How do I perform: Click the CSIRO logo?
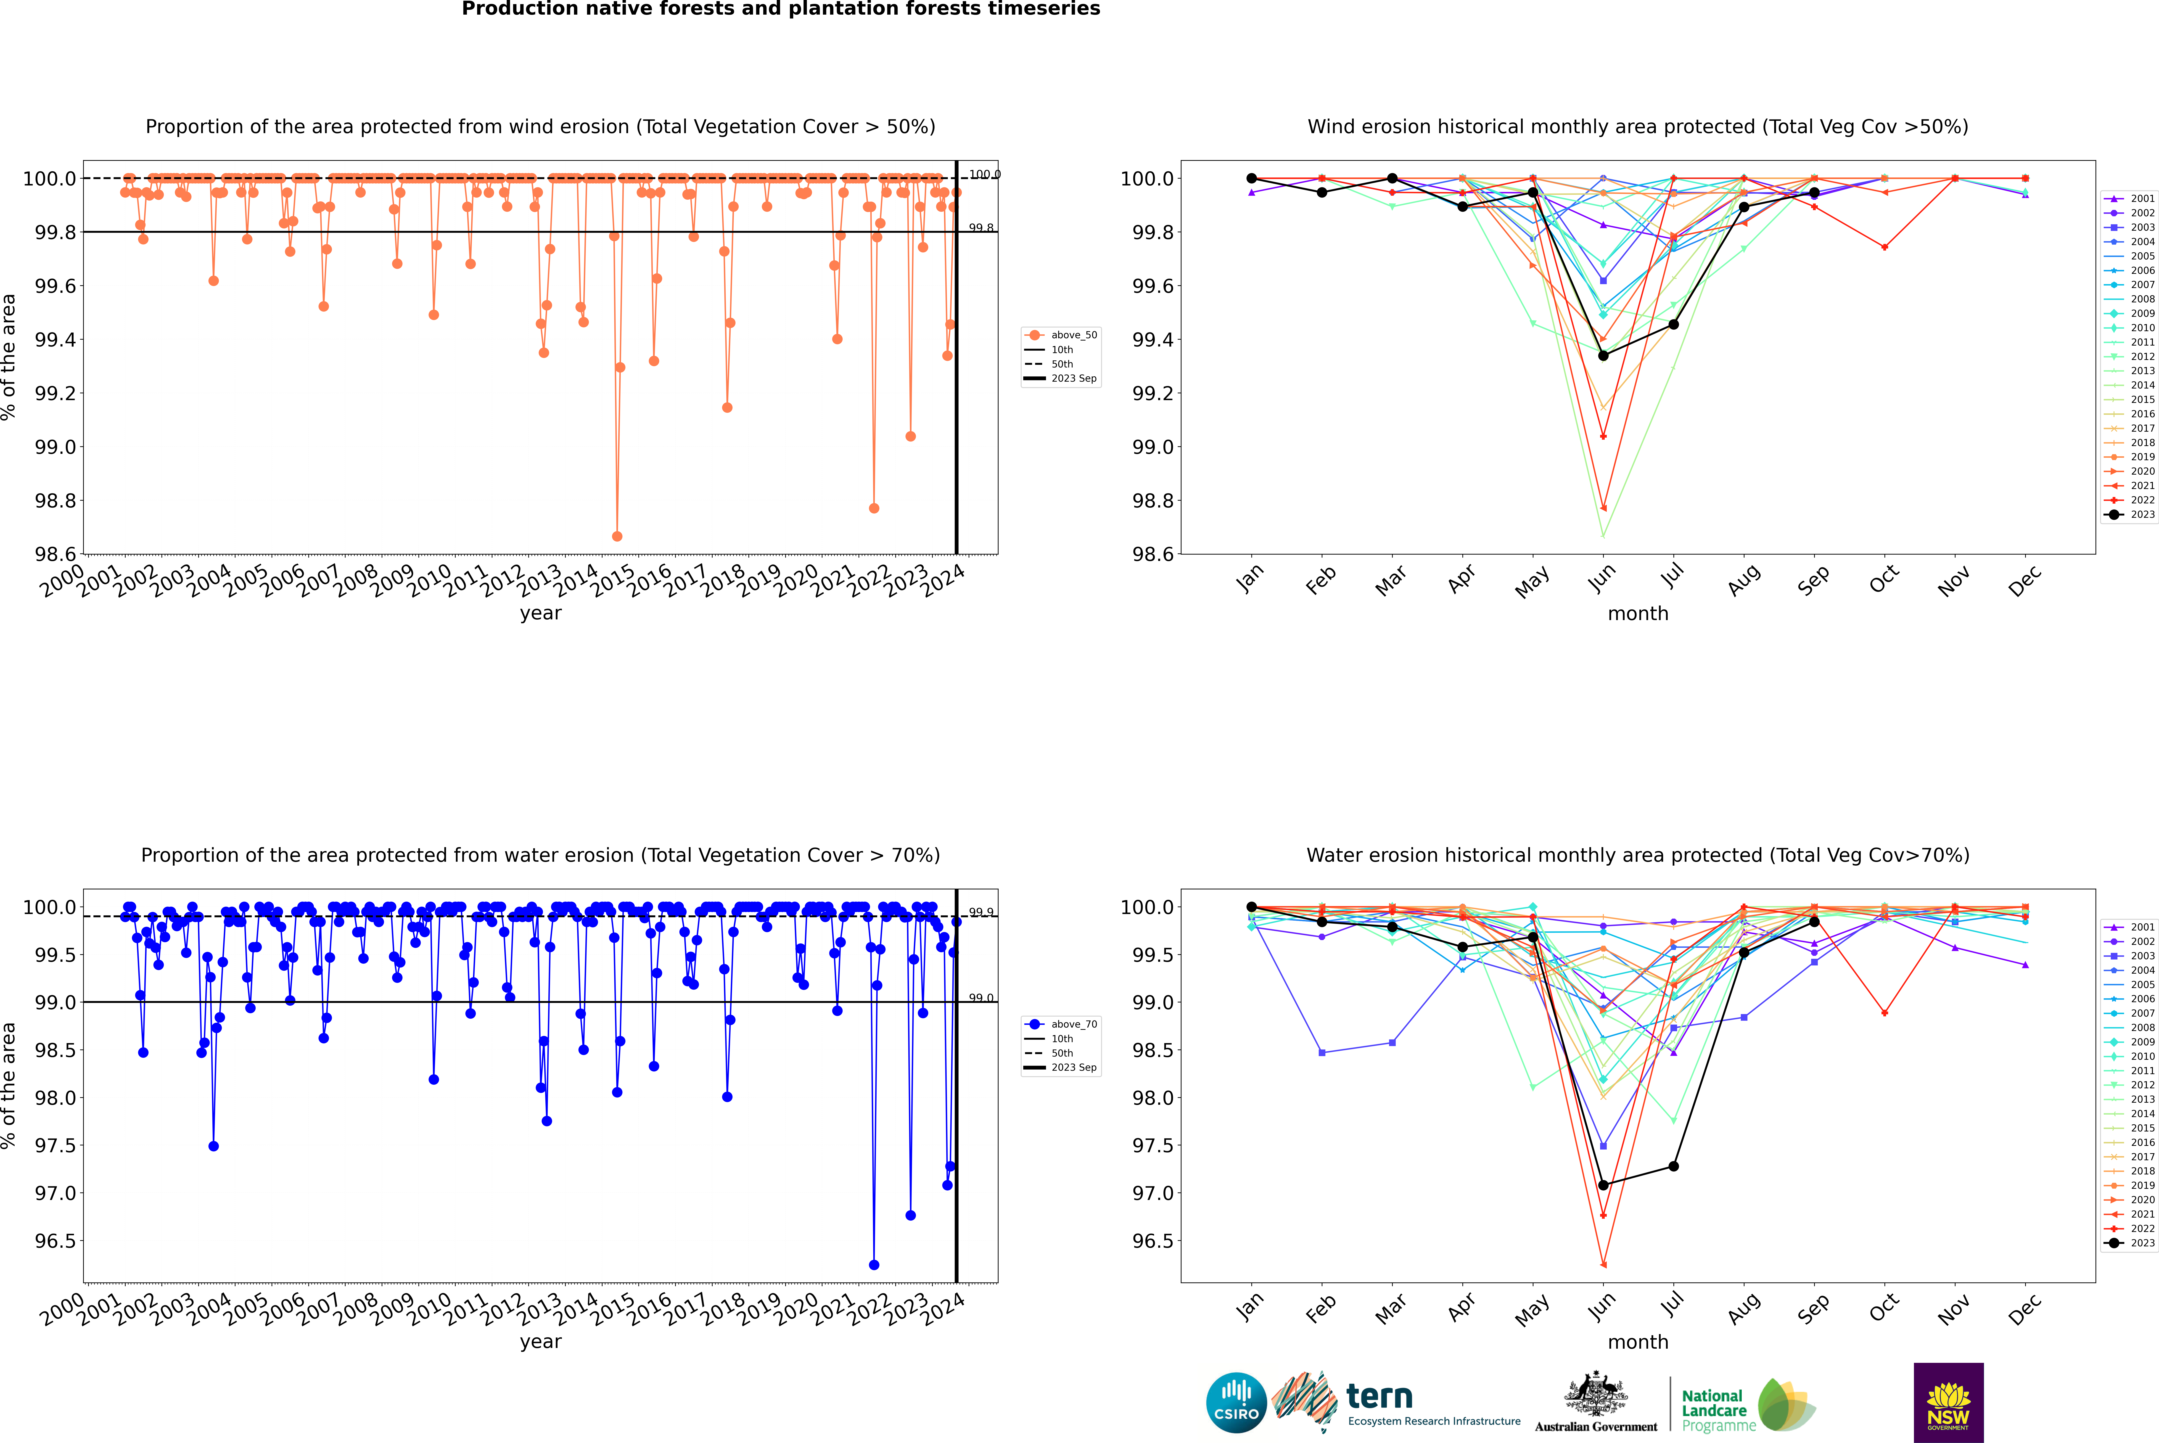(x=1236, y=1403)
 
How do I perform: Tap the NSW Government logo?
(x=1948, y=1403)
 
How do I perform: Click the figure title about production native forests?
(x=780, y=9)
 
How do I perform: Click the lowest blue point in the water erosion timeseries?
(x=873, y=1264)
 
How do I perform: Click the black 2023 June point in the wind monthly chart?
(x=1603, y=355)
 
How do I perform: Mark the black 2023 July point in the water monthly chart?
(x=1673, y=1166)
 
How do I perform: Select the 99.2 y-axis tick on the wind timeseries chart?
(x=55, y=393)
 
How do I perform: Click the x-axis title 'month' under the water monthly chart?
(x=1637, y=1342)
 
